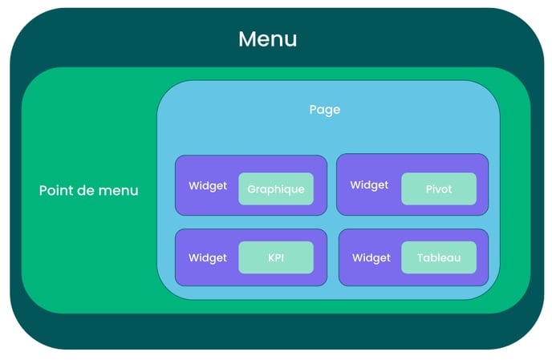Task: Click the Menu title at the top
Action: (267, 38)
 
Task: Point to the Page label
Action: (325, 110)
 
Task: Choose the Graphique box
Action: (276, 189)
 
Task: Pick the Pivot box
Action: (439, 189)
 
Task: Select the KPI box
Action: (276, 257)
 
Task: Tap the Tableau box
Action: (439, 257)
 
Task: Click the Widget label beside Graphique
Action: (208, 186)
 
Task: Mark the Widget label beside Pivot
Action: (369, 185)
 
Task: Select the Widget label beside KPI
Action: (208, 258)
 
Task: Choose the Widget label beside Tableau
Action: (371, 258)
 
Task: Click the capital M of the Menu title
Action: (247, 39)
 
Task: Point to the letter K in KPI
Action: (271, 258)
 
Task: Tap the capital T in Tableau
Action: (420, 258)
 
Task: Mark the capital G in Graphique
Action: (251, 189)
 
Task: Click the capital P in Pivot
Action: (428, 189)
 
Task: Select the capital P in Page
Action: (313, 109)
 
